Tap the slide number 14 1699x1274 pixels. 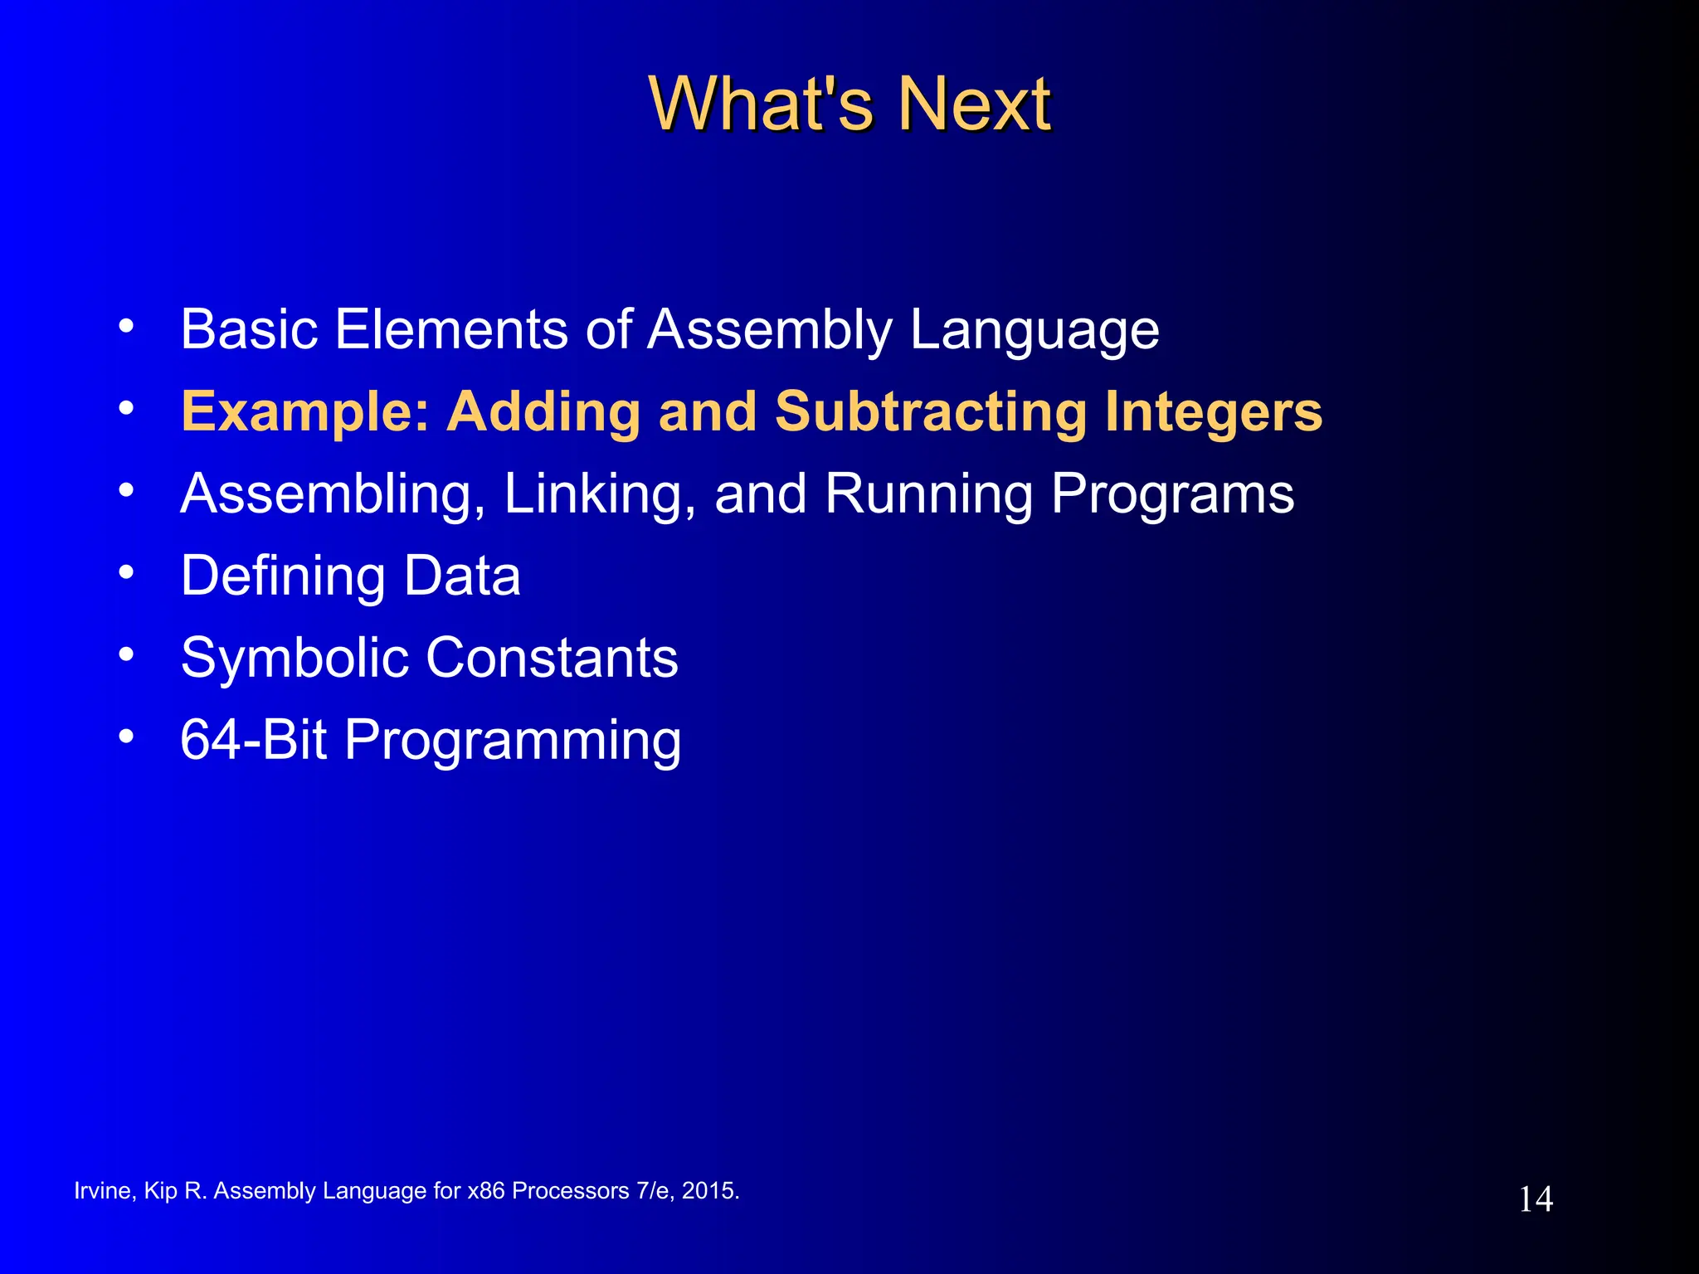(x=1535, y=1199)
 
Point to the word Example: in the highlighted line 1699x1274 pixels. (x=306, y=411)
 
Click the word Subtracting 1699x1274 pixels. (x=931, y=411)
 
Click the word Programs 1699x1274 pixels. (x=1172, y=494)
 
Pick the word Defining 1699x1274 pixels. (x=283, y=576)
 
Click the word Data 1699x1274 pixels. (x=462, y=576)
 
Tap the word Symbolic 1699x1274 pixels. (x=295, y=659)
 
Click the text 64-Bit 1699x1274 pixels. (x=253, y=739)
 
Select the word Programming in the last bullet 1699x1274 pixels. (x=513, y=741)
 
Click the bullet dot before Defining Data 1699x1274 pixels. (x=126, y=571)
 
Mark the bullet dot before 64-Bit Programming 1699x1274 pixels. (x=126, y=736)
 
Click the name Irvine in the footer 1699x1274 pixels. (x=102, y=1191)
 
